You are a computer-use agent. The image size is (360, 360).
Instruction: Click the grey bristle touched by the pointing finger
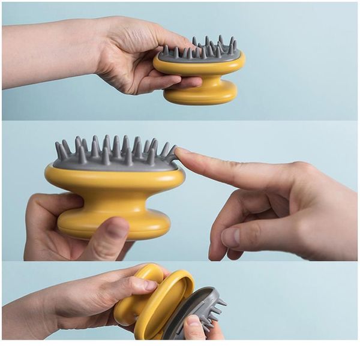click(x=172, y=154)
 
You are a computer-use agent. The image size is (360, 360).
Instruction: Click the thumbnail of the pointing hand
click(x=230, y=238)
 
